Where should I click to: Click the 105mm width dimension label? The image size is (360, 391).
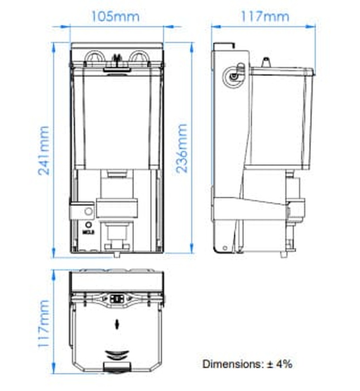[116, 16]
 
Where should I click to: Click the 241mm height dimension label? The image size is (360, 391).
[44, 151]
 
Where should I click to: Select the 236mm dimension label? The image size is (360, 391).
[181, 148]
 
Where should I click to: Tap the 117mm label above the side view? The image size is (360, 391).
[265, 16]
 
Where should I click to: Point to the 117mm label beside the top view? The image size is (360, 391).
[44, 323]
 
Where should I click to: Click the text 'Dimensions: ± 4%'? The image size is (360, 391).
[247, 364]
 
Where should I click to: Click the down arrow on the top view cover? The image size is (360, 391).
[117, 325]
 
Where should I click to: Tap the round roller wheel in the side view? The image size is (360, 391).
[233, 77]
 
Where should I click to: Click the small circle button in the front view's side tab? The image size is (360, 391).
[89, 211]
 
